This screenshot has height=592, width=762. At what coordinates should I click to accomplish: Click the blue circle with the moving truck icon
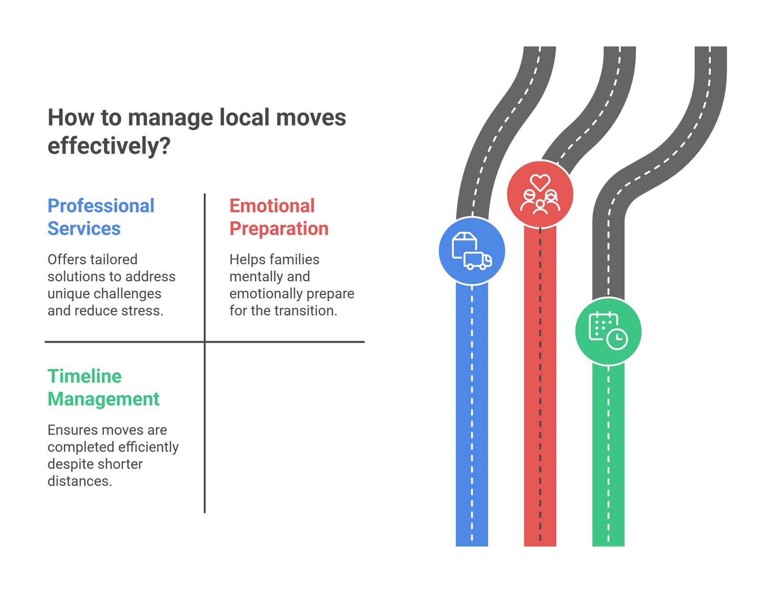tap(471, 251)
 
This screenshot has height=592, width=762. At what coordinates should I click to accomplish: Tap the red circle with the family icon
tap(540, 195)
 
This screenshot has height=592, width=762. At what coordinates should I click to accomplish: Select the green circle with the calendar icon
tap(608, 331)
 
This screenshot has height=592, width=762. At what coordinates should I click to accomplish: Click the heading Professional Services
tap(101, 217)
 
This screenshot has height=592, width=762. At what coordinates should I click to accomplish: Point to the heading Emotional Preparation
tap(279, 217)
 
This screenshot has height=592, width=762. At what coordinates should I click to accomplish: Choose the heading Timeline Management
tap(103, 387)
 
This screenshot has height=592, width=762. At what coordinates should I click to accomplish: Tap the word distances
tap(79, 481)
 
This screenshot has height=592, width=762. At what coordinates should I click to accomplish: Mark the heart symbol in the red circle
tap(540, 182)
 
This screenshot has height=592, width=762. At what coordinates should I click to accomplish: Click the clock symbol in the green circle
tap(618, 339)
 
